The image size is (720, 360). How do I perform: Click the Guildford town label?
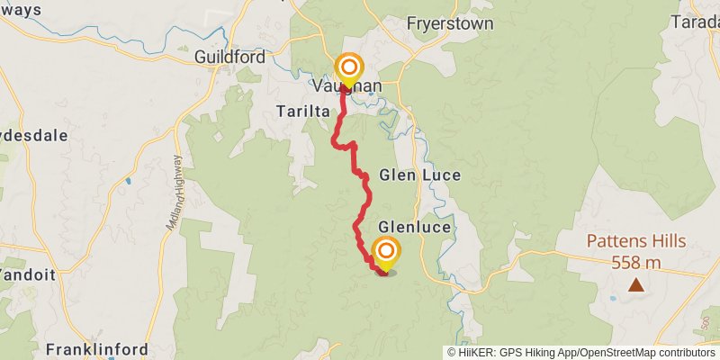229,57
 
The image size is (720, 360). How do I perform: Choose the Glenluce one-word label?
414,227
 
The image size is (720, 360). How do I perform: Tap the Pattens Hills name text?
636,241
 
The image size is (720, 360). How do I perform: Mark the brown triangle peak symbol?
636,285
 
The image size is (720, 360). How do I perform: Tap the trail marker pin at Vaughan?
348,70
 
